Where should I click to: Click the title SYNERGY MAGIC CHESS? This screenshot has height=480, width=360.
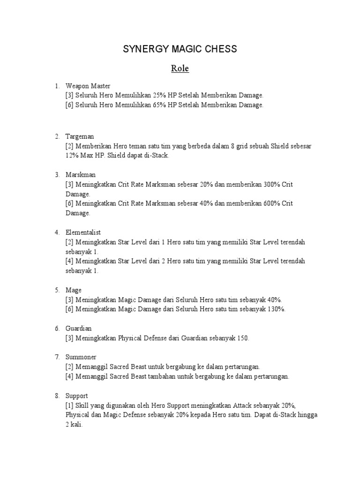click(180, 49)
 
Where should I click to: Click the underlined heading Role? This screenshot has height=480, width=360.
click(180, 68)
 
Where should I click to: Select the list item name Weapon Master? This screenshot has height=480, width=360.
click(88, 86)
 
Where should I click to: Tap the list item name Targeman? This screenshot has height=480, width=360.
click(80, 136)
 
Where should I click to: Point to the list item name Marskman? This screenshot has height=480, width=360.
click(81, 175)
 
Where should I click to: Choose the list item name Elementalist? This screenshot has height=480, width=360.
click(83, 232)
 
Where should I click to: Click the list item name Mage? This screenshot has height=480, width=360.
click(74, 290)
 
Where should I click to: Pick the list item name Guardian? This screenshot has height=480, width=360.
click(79, 329)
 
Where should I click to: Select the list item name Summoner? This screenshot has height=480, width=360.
click(81, 357)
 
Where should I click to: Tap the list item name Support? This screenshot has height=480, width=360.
click(76, 396)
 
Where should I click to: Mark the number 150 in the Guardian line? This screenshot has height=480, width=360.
click(243, 338)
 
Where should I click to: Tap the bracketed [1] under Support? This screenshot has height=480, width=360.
click(70, 405)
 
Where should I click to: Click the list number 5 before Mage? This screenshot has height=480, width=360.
click(57, 290)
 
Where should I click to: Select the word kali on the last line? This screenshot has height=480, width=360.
click(76, 425)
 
